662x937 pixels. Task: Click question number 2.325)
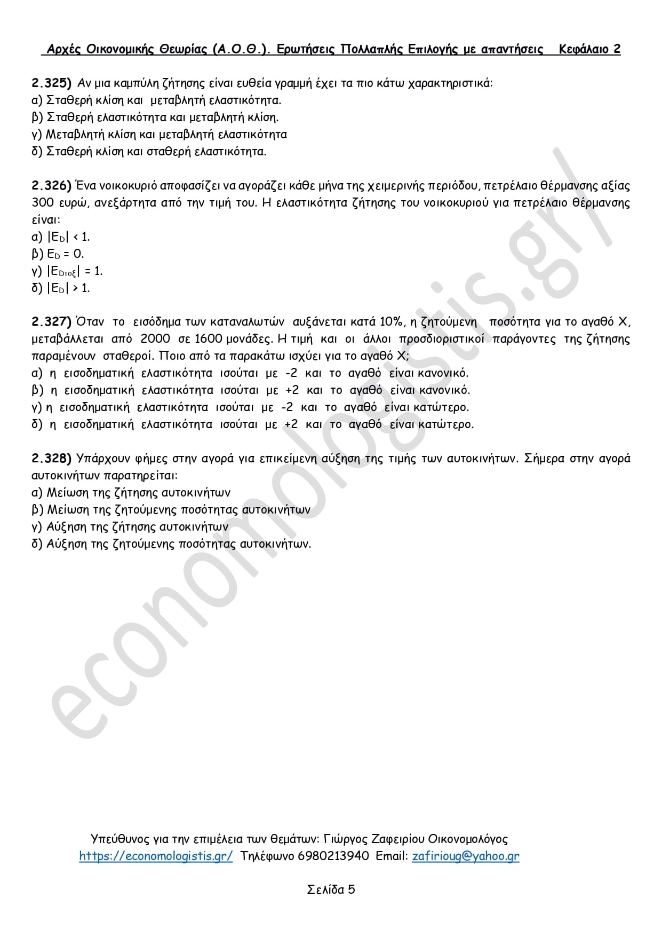pyautogui.click(x=51, y=83)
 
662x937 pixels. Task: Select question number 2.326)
pyautogui.click(x=51, y=185)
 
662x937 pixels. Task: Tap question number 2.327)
pyautogui.click(x=51, y=321)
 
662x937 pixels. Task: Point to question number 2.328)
pyautogui.click(x=51, y=458)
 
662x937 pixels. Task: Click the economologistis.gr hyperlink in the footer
pyautogui.click(x=156, y=856)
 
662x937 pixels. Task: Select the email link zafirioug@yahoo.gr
pyautogui.click(x=465, y=856)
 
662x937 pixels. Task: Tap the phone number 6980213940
pyautogui.click(x=333, y=856)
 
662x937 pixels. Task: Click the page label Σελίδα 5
pyautogui.click(x=331, y=889)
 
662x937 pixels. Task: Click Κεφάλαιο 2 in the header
pyautogui.click(x=589, y=49)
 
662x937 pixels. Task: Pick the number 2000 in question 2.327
pyautogui.click(x=155, y=338)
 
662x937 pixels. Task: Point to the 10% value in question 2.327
pyautogui.click(x=392, y=321)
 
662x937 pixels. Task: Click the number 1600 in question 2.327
pyautogui.click(x=209, y=338)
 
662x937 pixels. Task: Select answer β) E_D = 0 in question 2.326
pyautogui.click(x=58, y=254)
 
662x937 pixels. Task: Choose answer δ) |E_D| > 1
pyautogui.click(x=60, y=288)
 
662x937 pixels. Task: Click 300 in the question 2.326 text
pyautogui.click(x=43, y=202)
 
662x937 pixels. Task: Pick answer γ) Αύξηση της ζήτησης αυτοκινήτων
pyautogui.click(x=130, y=526)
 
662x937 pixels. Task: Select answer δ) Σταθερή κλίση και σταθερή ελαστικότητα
pyautogui.click(x=149, y=151)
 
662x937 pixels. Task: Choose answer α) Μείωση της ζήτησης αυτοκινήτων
pyautogui.click(x=131, y=492)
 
